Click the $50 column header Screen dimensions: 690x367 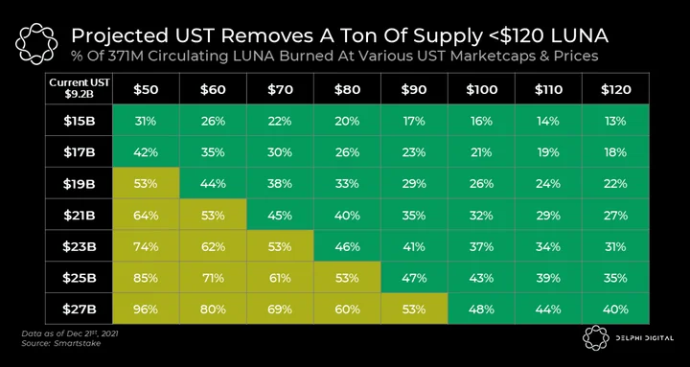pos(146,89)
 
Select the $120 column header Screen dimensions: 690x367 pos(615,89)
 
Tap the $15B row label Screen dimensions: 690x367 pos(79,121)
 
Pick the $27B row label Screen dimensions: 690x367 pos(79,309)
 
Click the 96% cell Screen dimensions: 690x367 pos(146,309)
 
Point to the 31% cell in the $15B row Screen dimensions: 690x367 pos(146,121)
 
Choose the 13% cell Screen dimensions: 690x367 pos(615,121)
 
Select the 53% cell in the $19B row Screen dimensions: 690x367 pos(146,184)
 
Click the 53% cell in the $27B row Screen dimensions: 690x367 pos(414,309)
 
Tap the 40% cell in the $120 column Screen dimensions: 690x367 pos(615,309)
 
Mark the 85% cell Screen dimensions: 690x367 pos(146,278)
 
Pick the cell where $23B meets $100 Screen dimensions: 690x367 pos(481,246)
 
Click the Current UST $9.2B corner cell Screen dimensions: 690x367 pos(79,89)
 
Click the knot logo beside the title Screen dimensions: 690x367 pos(36,43)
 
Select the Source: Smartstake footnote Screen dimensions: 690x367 pos(60,343)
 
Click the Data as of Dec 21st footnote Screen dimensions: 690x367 pos(70,333)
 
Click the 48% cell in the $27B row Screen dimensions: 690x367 pos(481,309)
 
